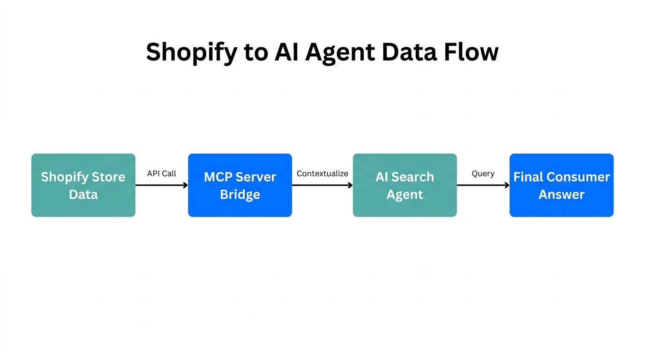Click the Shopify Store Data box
coord(83,185)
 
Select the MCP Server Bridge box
coord(240,185)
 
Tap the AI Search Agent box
coord(405,185)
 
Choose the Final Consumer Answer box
coord(561,185)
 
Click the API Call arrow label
coord(162,173)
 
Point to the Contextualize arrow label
coord(322,173)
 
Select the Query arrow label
coord(483,173)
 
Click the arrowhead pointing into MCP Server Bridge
coord(185,185)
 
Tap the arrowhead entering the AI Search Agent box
coord(350,185)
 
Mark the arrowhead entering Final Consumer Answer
coord(507,185)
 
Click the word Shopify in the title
coord(191,52)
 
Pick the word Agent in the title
coord(340,52)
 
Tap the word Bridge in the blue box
coord(240,195)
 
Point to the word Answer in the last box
coord(561,195)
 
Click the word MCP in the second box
coord(218,177)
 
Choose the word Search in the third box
coord(412,177)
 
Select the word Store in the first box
coord(108,177)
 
